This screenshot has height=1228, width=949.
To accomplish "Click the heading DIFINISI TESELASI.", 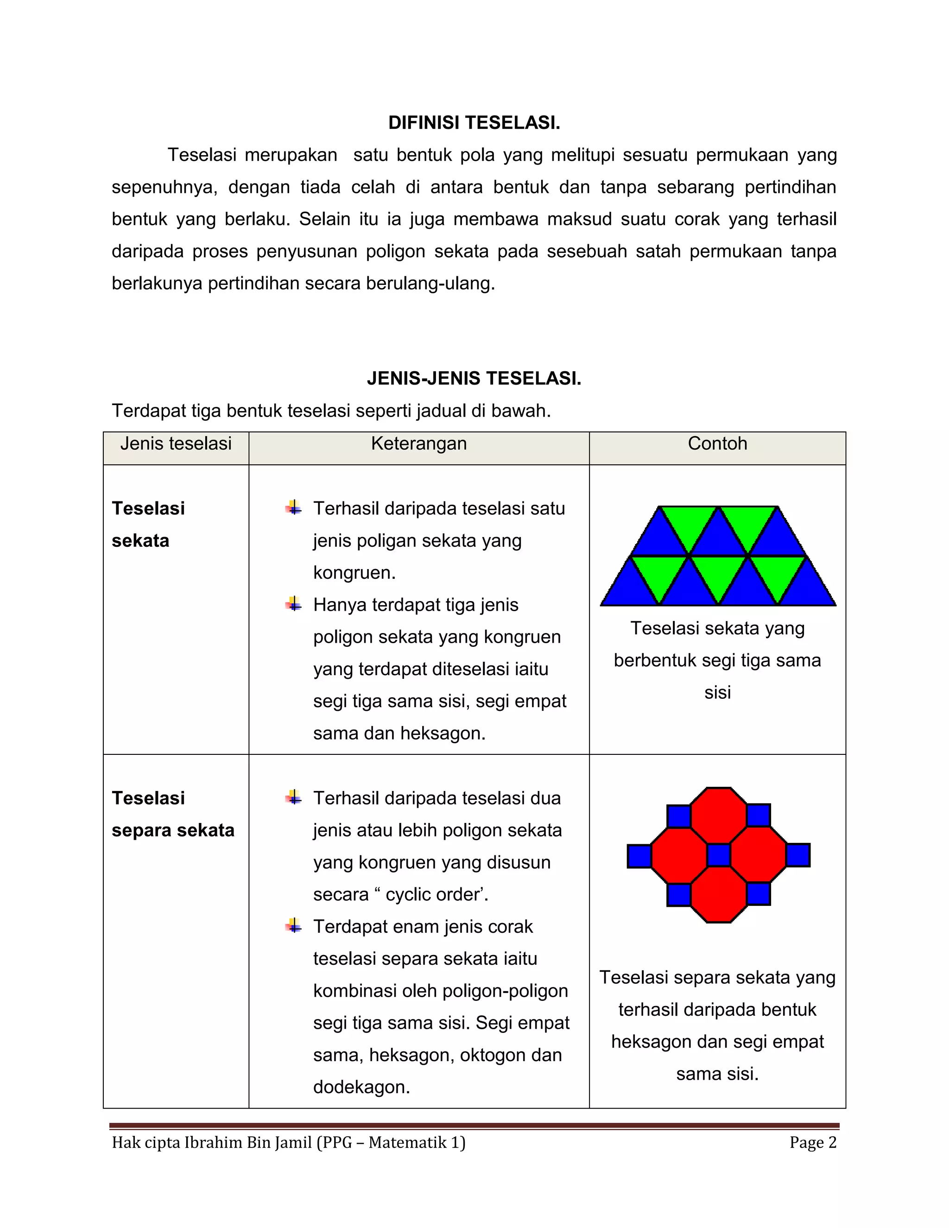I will click(x=474, y=123).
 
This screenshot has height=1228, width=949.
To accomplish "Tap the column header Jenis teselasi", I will click(x=176, y=443).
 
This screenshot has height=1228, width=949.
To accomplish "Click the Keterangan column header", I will click(x=419, y=443).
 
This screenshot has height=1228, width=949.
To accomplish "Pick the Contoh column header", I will click(x=717, y=443).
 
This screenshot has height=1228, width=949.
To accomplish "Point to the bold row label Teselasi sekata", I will click(x=148, y=524).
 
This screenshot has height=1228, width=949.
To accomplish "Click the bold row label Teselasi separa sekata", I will click(x=172, y=814).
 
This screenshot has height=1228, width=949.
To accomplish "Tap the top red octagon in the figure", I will click(x=719, y=815).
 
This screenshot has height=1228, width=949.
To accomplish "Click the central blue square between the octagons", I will click(x=719, y=855).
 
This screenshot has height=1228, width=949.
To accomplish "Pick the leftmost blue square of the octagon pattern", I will click(x=639, y=856).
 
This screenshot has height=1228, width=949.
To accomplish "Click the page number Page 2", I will click(x=813, y=1143).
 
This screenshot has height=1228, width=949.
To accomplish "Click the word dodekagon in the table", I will click(x=361, y=1087).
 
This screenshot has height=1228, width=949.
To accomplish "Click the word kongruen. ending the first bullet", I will click(x=354, y=572).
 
